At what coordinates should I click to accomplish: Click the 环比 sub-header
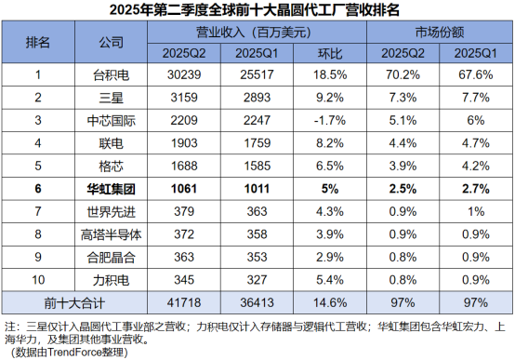[330, 52]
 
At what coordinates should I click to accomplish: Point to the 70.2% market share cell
[402, 73]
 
